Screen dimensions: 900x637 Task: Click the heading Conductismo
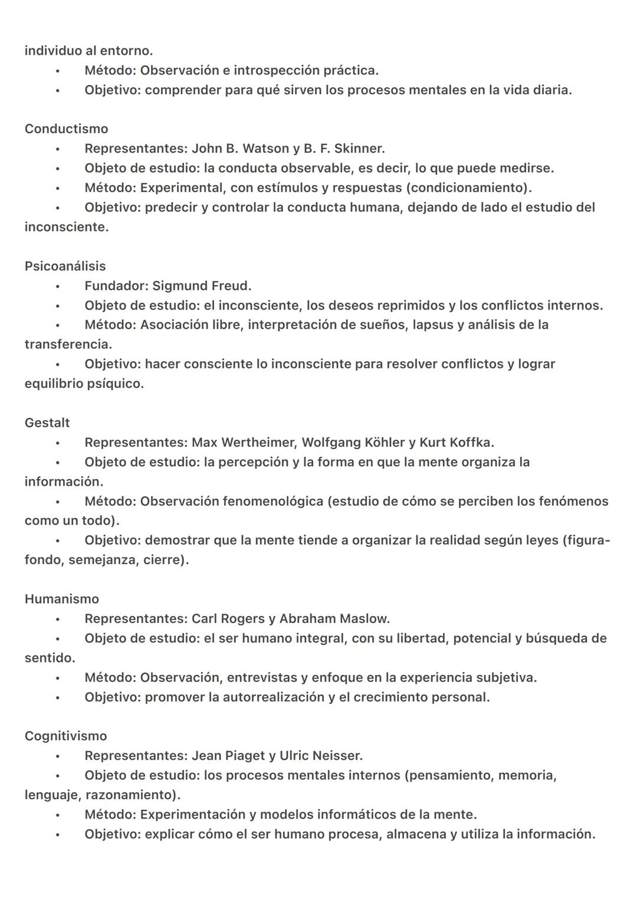pos(66,128)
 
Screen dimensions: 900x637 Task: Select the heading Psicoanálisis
pos(65,266)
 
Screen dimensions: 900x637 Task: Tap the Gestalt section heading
pos(47,423)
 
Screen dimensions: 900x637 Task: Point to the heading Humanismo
pos(62,599)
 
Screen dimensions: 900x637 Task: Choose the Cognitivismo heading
pos(65,736)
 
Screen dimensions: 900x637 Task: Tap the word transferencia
pos(67,344)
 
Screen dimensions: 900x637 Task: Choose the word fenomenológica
pos(273,501)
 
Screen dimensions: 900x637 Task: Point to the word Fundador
pos(114,286)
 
